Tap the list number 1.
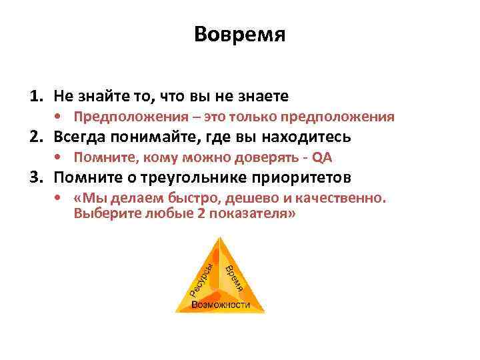35,97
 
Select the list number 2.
35,137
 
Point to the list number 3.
35,178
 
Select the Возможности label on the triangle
221,305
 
